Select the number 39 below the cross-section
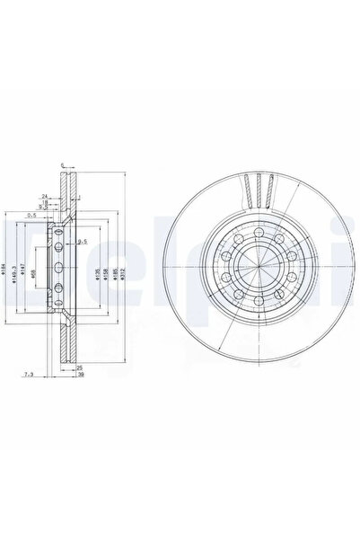click(x=80, y=375)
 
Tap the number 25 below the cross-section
click(x=80, y=367)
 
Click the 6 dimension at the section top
click(x=62, y=164)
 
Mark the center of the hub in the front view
click(x=256, y=269)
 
